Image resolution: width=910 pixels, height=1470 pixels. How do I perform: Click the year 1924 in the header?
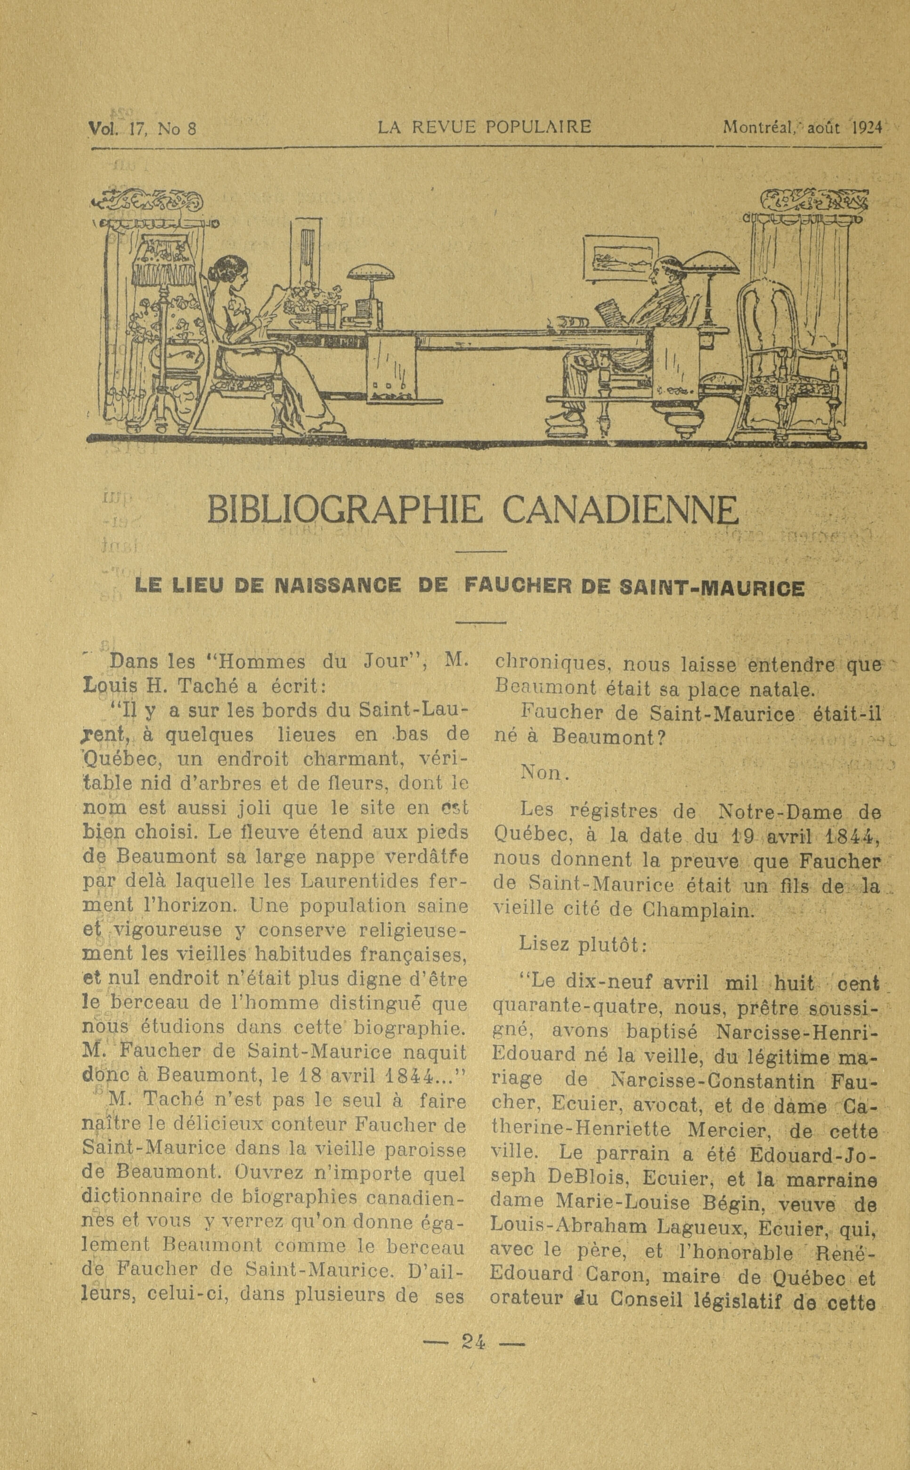(867, 128)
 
